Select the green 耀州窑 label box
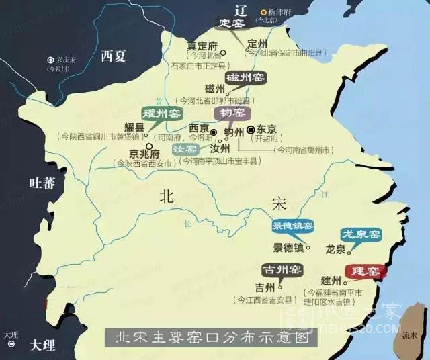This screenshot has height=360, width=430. [160, 114]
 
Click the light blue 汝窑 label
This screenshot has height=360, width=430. [185, 148]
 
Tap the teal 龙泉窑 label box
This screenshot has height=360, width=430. [361, 234]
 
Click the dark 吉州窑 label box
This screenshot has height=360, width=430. [281, 270]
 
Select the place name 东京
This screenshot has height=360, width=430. [267, 130]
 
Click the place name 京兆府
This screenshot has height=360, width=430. [131, 152]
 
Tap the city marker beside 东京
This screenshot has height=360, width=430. [251, 129]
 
